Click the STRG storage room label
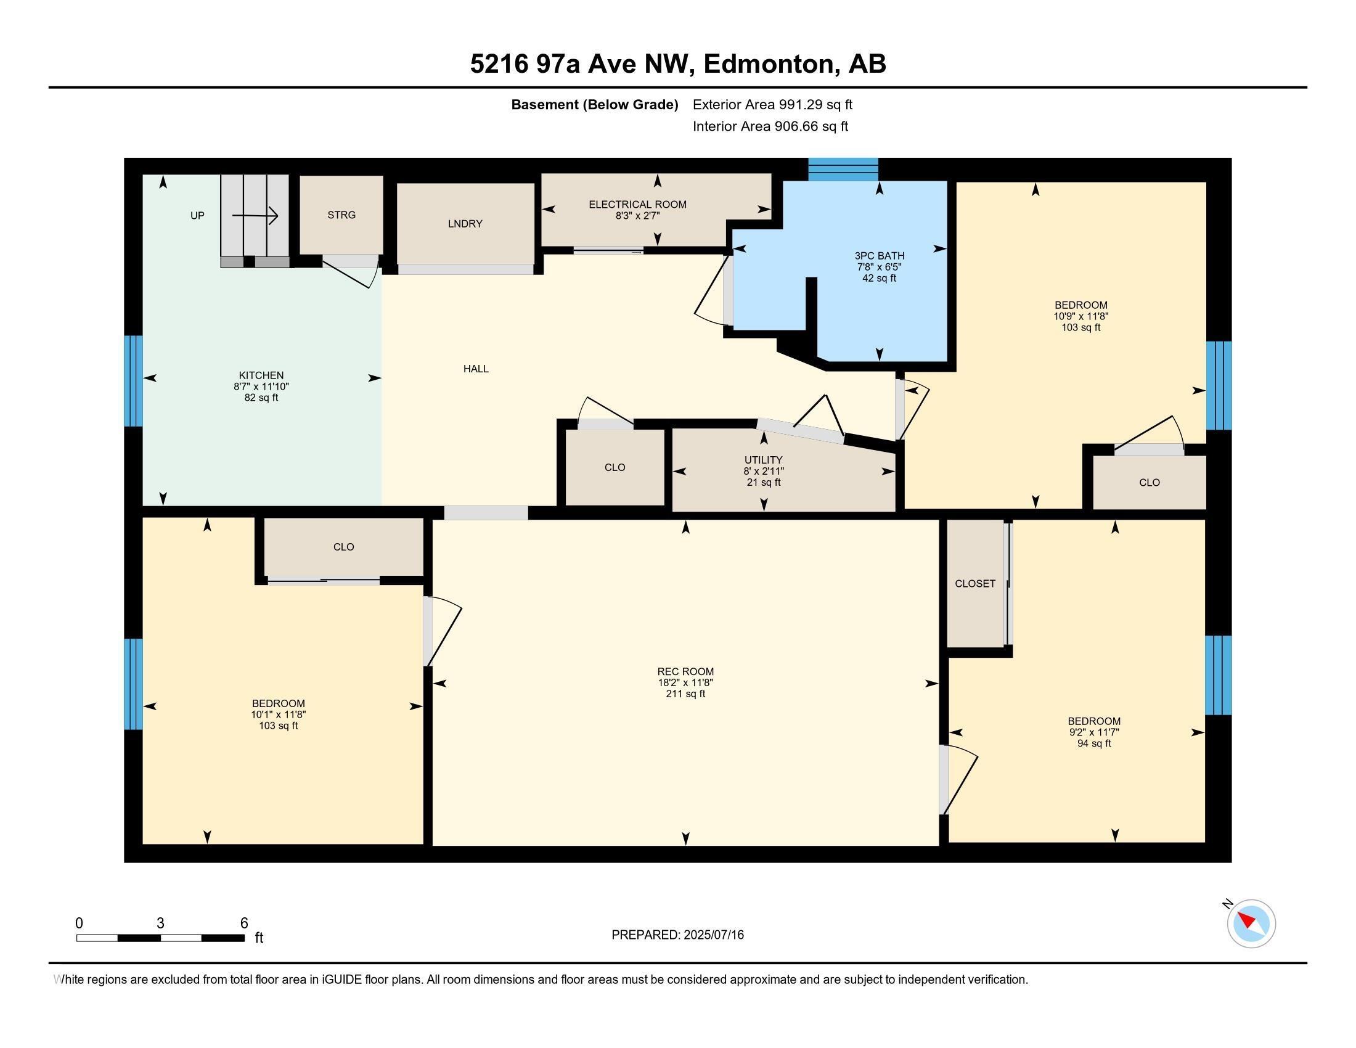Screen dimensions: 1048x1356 pyautogui.click(x=341, y=215)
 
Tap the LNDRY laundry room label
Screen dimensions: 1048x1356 pyautogui.click(x=465, y=224)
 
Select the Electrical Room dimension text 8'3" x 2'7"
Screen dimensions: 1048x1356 pyautogui.click(x=638, y=215)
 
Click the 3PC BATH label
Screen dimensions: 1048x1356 pyautogui.click(x=879, y=255)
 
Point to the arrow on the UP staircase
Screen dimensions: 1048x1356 pyautogui.click(x=255, y=216)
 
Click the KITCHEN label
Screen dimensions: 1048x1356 pyautogui.click(x=261, y=375)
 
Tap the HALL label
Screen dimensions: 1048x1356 pyautogui.click(x=476, y=369)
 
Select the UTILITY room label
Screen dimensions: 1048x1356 pyautogui.click(x=763, y=460)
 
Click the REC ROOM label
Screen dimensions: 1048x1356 pyautogui.click(x=685, y=671)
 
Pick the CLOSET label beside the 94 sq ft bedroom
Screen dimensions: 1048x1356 pyautogui.click(x=975, y=584)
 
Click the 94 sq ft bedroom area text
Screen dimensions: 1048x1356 pyautogui.click(x=1094, y=743)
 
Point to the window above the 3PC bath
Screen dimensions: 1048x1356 pyautogui.click(x=843, y=170)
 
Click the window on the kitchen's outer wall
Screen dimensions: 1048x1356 pyautogui.click(x=134, y=381)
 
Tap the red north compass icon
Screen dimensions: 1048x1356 pyautogui.click(x=1251, y=923)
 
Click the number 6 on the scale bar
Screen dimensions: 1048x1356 pyautogui.click(x=244, y=923)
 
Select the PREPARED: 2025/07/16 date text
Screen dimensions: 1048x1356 pyautogui.click(x=677, y=935)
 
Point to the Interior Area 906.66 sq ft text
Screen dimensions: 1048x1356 pyautogui.click(x=770, y=126)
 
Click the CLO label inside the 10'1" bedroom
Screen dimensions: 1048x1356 pyautogui.click(x=343, y=547)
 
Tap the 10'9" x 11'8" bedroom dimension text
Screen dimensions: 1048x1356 pyautogui.click(x=1080, y=316)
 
